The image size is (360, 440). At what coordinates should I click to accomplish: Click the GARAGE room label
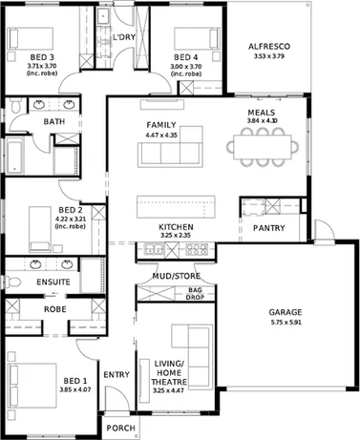click(285, 312)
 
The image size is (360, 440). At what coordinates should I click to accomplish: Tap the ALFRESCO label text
click(268, 46)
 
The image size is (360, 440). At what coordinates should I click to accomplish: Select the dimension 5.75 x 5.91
click(285, 323)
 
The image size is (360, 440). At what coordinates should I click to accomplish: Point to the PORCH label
click(119, 429)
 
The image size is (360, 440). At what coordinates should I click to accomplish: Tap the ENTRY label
click(116, 374)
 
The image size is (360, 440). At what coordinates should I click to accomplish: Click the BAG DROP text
click(196, 292)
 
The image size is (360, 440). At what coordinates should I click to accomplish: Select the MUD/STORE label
click(175, 276)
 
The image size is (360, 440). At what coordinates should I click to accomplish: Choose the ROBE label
click(53, 310)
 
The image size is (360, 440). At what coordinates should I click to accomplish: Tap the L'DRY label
click(123, 38)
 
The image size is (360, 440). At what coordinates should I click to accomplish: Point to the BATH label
click(53, 121)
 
